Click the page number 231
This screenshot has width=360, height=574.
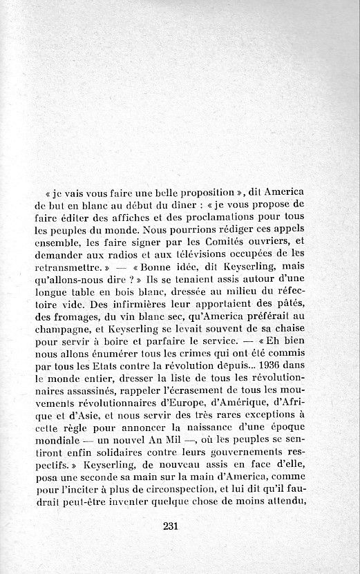172,526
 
